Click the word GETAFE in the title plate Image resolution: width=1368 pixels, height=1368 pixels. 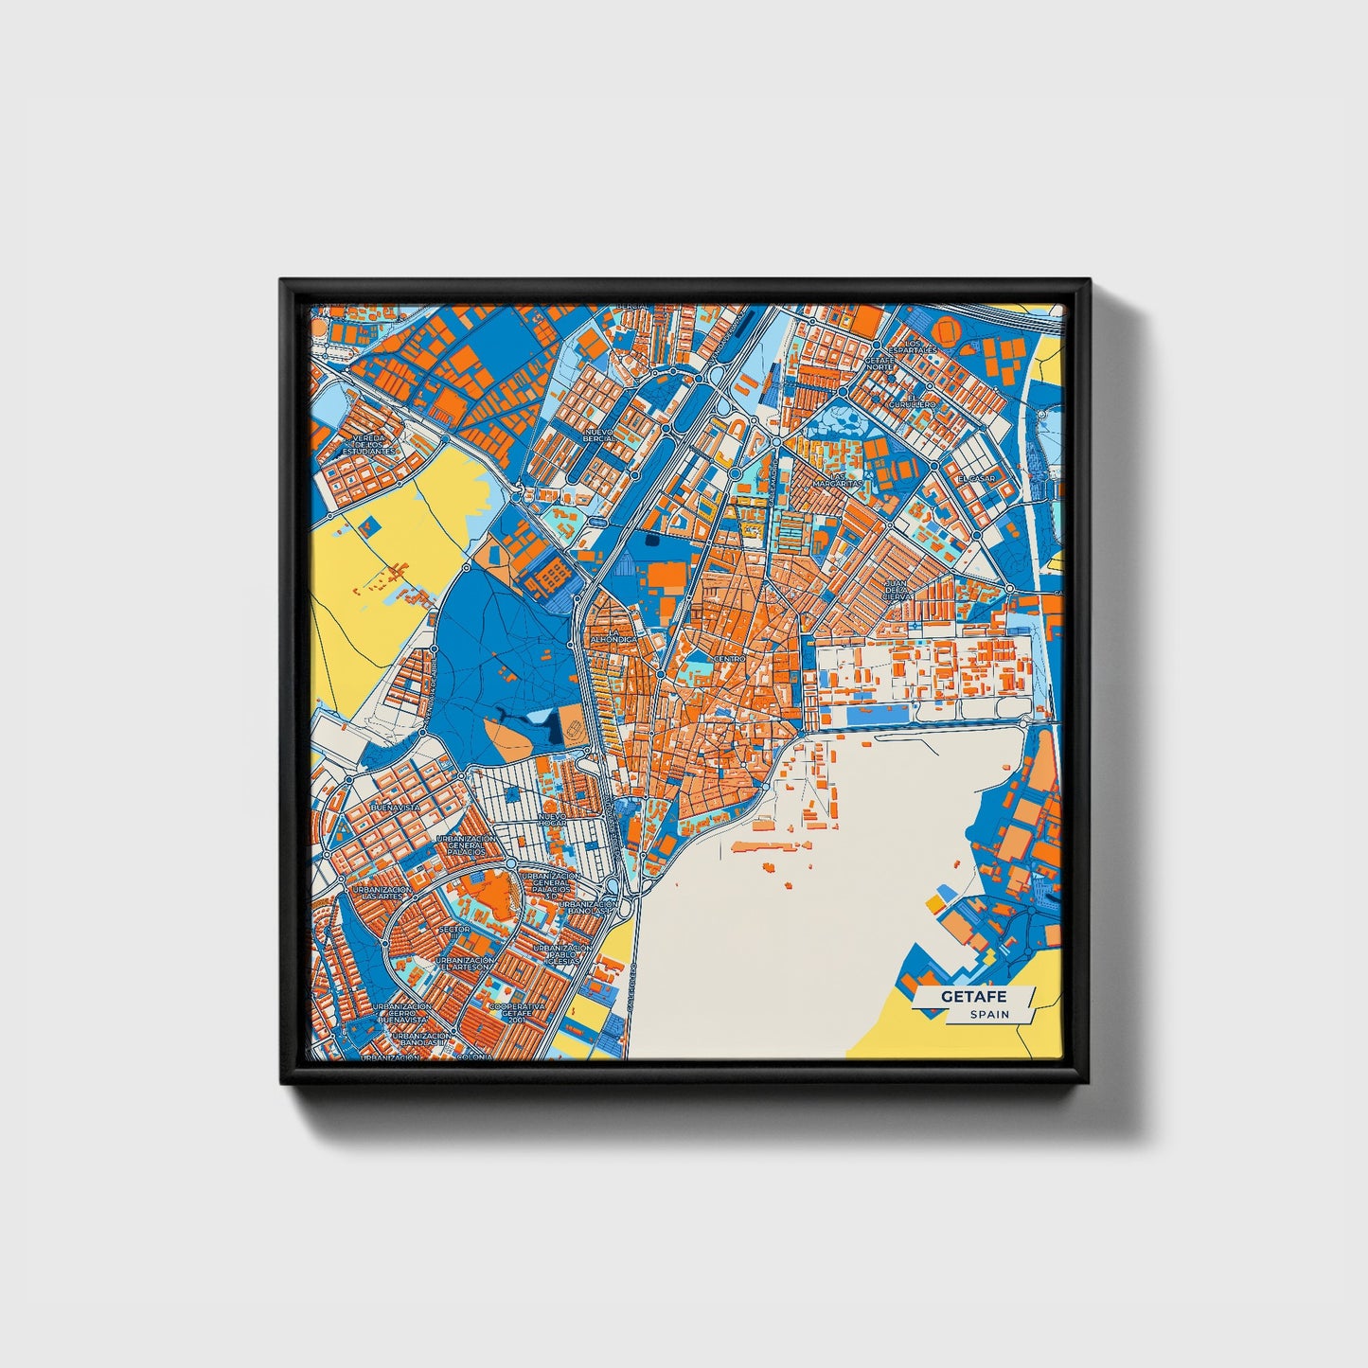[x=973, y=997]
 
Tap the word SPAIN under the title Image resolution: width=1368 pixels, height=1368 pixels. [x=989, y=1014]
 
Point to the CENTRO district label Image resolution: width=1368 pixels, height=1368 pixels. [x=729, y=658]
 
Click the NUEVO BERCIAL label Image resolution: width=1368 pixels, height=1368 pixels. [x=598, y=435]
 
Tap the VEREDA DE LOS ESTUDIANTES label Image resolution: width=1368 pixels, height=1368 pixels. [x=367, y=445]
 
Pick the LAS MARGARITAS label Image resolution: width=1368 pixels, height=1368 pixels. [x=837, y=480]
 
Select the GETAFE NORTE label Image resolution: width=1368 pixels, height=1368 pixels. [x=879, y=363]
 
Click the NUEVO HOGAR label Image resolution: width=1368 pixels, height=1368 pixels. [x=551, y=820]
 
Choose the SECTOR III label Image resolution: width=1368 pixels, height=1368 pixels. [x=454, y=930]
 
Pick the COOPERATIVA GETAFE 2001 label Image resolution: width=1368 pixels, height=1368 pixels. [x=518, y=1009]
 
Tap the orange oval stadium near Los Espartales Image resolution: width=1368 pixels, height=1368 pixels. [x=947, y=329]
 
